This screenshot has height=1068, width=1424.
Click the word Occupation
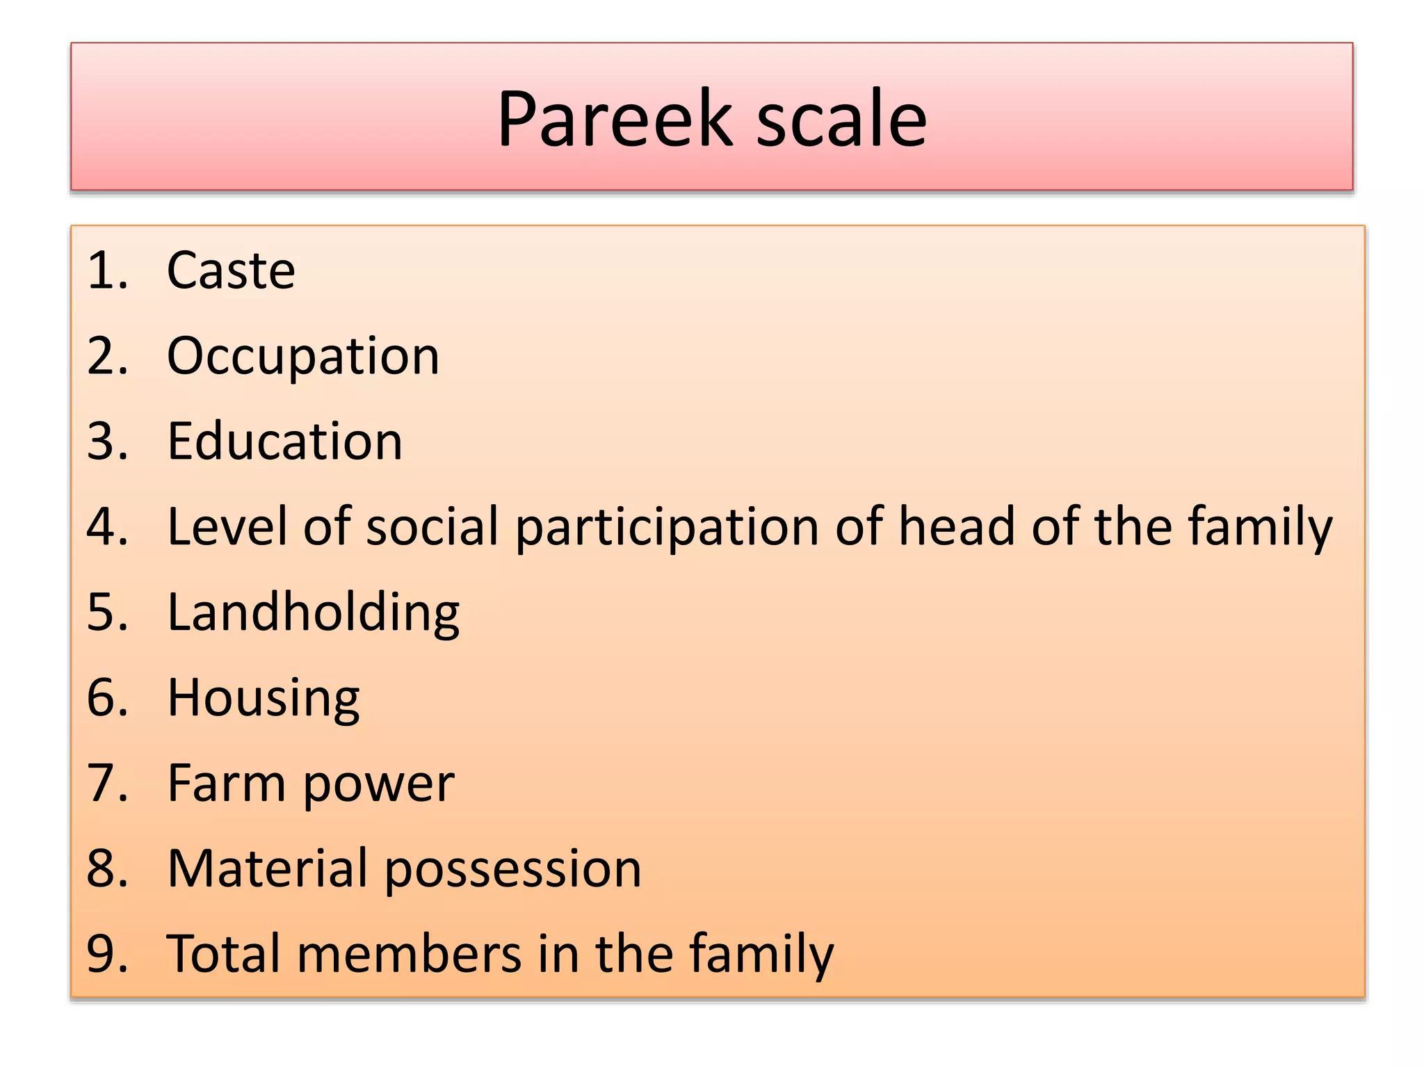pyautogui.click(x=303, y=356)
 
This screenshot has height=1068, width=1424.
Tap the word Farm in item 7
pyautogui.click(x=227, y=783)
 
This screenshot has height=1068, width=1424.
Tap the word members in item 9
pyautogui.click(x=409, y=953)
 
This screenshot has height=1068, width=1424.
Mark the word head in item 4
pyautogui.click(x=957, y=526)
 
